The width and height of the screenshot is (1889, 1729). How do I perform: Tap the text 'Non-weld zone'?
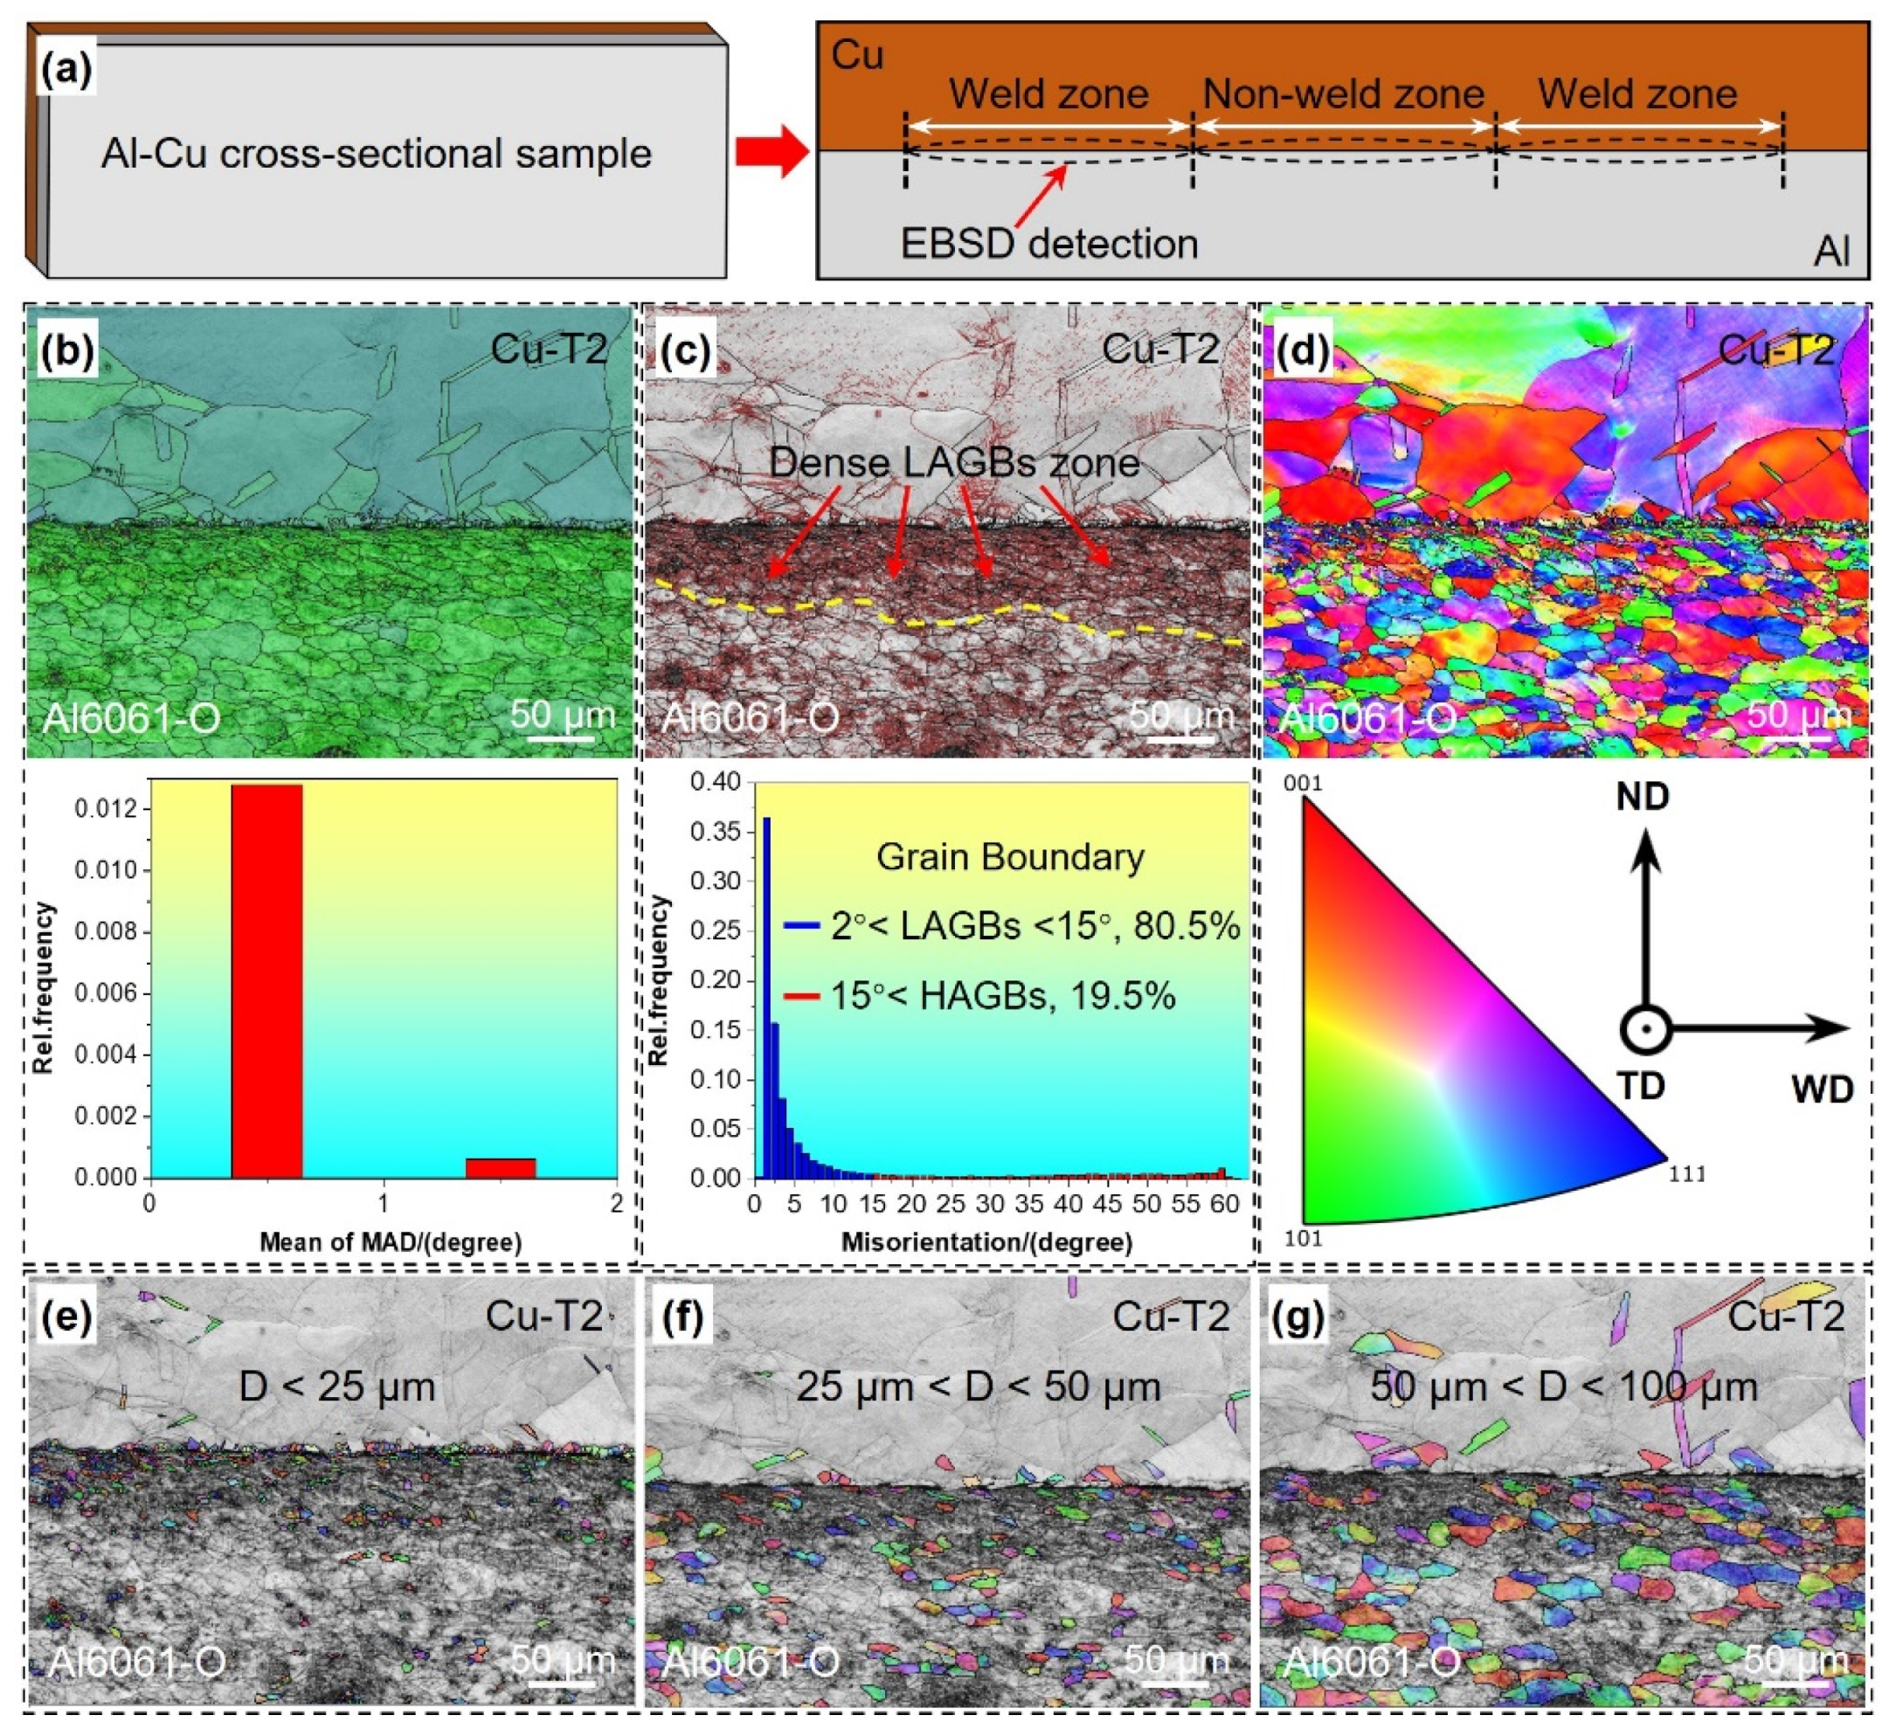point(1343,93)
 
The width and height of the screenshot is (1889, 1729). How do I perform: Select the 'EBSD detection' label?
point(1048,244)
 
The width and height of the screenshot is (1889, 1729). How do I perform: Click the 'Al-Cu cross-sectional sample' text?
point(376,153)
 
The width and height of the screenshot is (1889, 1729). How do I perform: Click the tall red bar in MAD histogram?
point(267,980)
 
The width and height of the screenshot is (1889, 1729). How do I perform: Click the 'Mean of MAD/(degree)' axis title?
point(390,1242)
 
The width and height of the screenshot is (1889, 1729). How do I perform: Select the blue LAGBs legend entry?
point(1012,926)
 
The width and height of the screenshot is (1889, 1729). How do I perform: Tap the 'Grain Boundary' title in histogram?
point(1010,856)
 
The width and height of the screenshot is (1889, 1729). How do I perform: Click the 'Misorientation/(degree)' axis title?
point(986,1242)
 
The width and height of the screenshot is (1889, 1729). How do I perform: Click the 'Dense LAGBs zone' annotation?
point(954,462)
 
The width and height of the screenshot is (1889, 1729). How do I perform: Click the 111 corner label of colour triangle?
point(1687,1173)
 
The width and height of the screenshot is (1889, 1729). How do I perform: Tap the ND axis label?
point(1643,797)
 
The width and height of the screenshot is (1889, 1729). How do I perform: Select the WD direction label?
point(1822,1089)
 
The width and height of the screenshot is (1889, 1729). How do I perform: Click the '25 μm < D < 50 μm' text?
point(979,1387)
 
